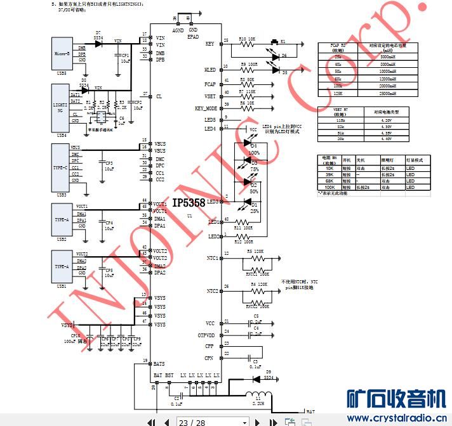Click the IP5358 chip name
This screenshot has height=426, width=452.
click(x=189, y=203)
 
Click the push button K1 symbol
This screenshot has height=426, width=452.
click(x=277, y=43)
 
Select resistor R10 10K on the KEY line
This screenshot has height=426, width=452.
click(x=248, y=43)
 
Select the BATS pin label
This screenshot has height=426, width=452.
click(x=159, y=364)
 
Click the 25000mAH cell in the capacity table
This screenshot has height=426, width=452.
click(x=389, y=93)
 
